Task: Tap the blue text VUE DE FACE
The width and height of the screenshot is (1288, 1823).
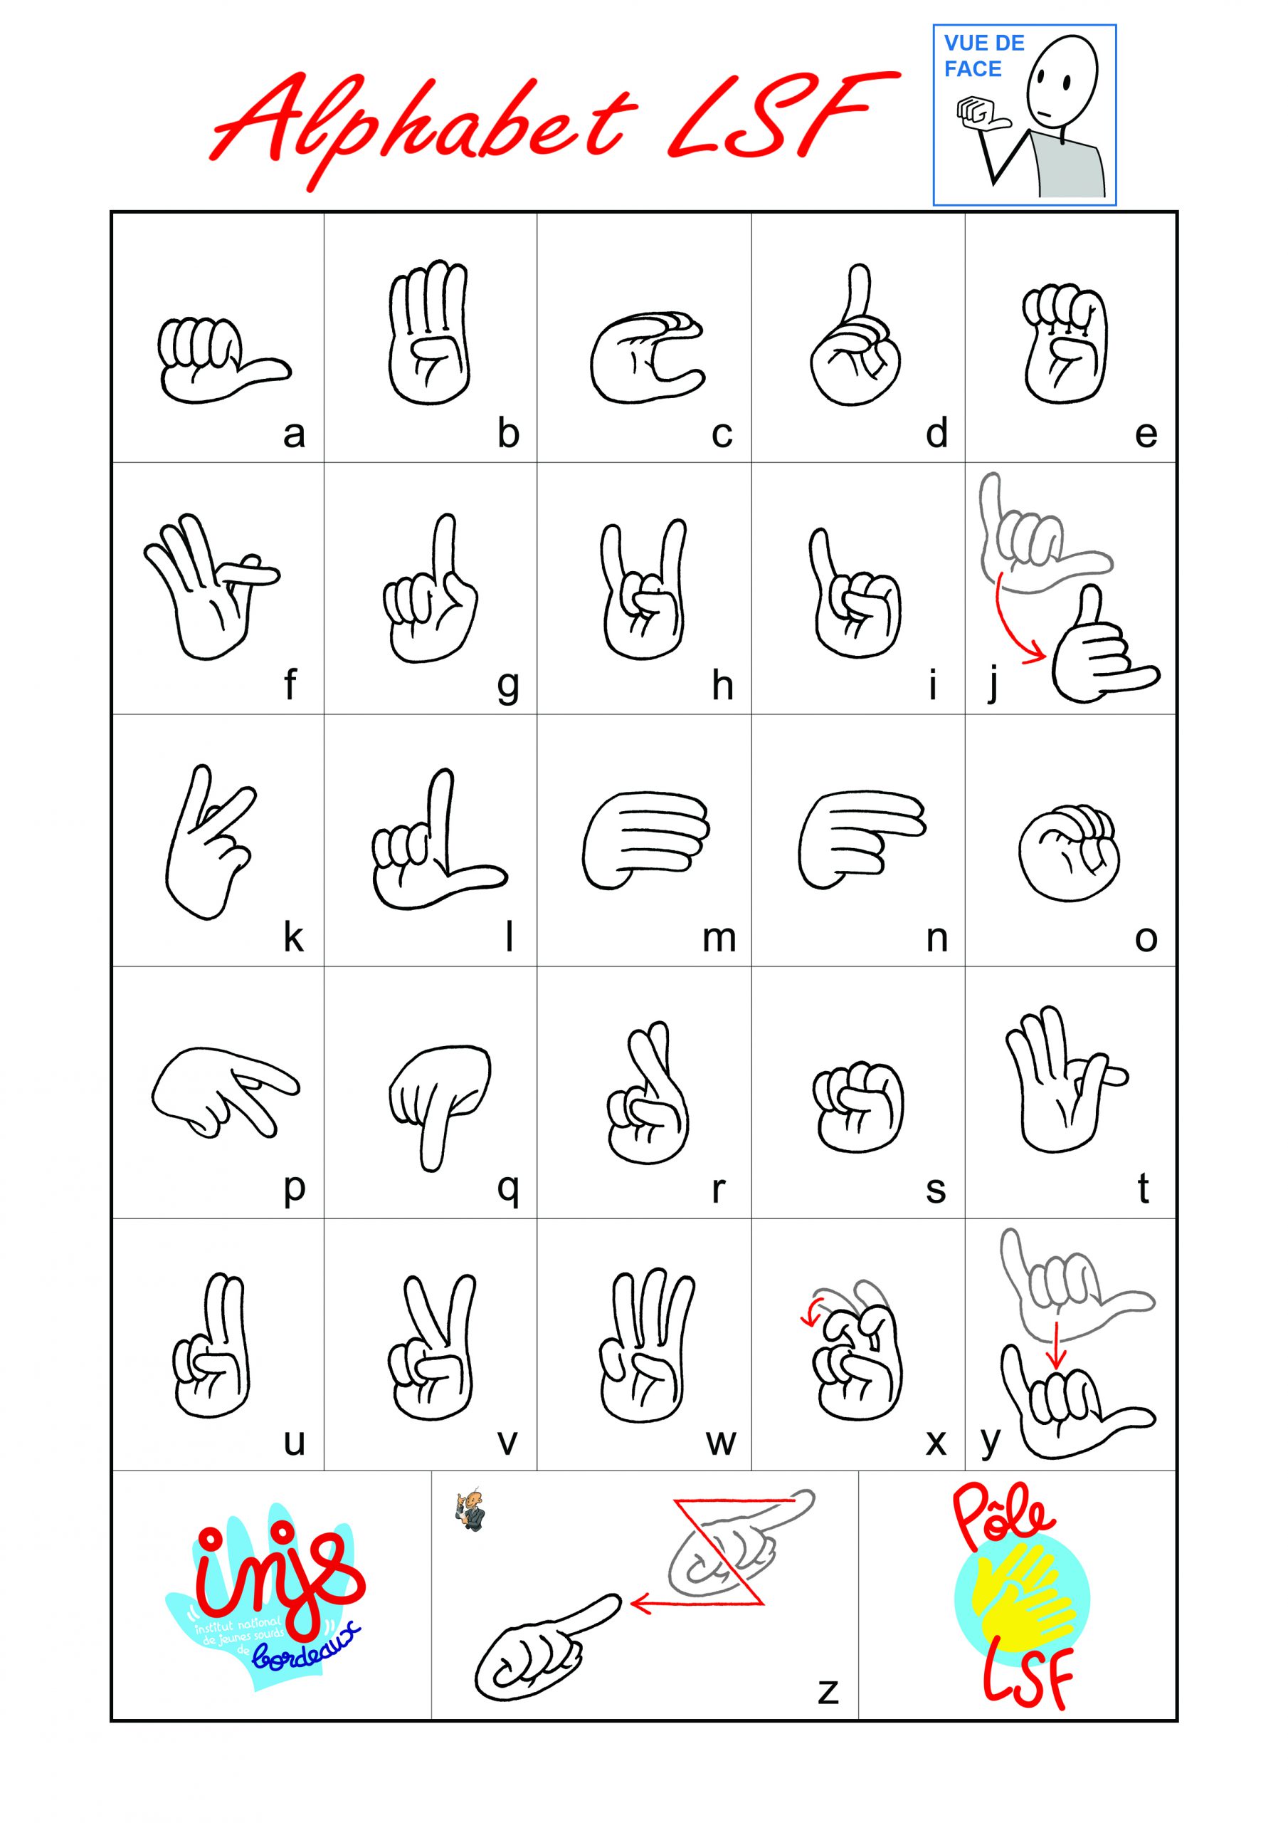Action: pos(984,56)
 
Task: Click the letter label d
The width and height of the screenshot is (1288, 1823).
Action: pos(937,434)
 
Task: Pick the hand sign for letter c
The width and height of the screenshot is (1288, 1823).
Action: pos(648,357)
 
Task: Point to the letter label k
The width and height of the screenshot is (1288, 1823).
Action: pos(294,938)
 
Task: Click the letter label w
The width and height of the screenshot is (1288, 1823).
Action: pos(721,1443)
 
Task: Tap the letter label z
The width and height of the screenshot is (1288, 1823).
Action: pos(828,1691)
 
